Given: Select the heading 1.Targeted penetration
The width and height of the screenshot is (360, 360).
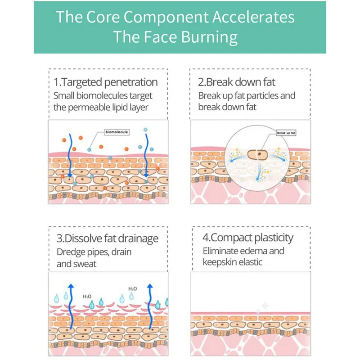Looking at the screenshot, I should click(106, 82).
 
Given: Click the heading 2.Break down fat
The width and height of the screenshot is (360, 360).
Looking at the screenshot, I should click(237, 82).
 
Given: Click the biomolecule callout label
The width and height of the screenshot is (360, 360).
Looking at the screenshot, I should click(117, 132).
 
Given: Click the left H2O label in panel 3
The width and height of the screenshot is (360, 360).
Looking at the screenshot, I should click(87, 297).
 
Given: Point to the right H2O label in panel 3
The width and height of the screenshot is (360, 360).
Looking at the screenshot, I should click(133, 288).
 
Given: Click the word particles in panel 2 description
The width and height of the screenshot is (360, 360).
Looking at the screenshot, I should click(264, 95).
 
